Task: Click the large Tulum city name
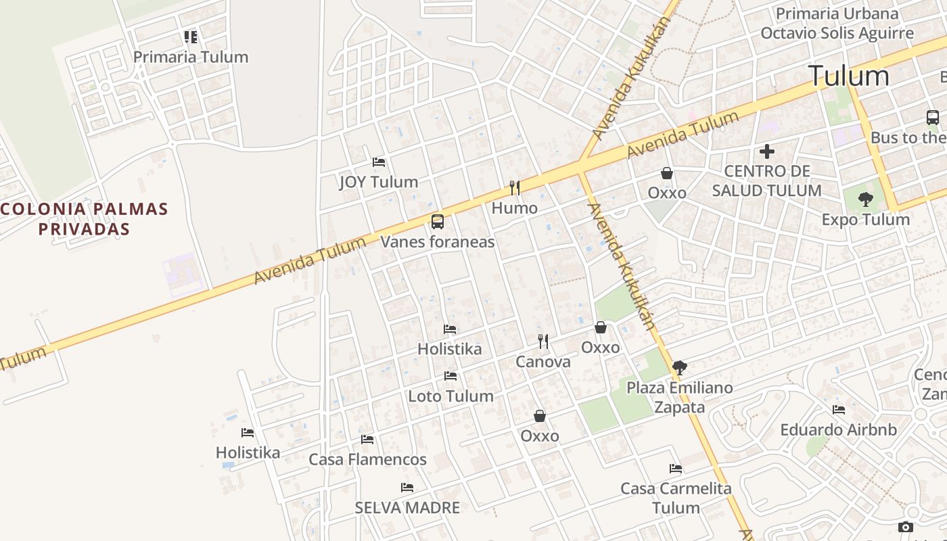(x=848, y=76)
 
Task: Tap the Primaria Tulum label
(x=191, y=57)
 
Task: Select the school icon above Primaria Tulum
(x=191, y=37)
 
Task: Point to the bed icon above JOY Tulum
(x=379, y=162)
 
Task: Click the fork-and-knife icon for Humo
(x=515, y=187)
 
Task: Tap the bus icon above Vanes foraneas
(x=438, y=221)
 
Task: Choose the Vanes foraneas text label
(x=438, y=241)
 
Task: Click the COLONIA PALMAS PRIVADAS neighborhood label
(x=84, y=218)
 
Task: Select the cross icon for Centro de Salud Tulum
(x=766, y=151)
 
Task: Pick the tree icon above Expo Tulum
(x=865, y=199)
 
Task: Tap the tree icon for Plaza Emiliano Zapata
(x=680, y=368)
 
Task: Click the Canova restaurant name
(x=543, y=362)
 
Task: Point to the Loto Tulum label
(x=451, y=396)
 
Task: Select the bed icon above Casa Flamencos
(x=367, y=440)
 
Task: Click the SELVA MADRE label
(x=407, y=507)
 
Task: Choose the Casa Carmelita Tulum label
(x=676, y=498)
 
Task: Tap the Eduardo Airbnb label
(x=838, y=429)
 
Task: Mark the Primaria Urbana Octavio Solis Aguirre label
(x=837, y=24)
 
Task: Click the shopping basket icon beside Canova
(x=601, y=328)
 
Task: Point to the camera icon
(x=906, y=527)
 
